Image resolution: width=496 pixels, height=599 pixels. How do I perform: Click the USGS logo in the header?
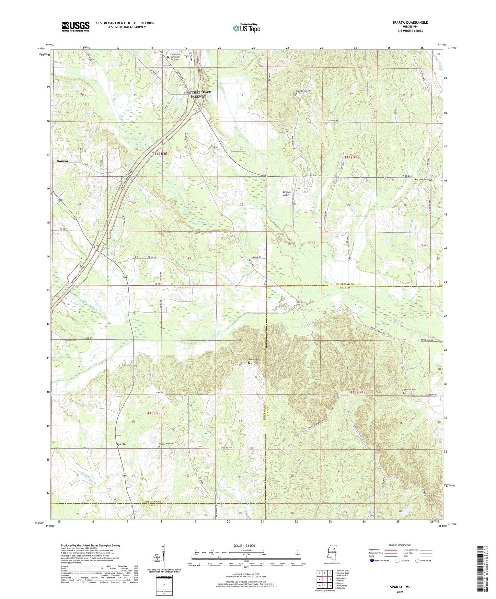76,26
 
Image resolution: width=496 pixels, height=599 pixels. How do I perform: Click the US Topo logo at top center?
246,28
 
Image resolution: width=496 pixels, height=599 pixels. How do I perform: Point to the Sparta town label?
120,444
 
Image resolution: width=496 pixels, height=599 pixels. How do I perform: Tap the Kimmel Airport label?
287,193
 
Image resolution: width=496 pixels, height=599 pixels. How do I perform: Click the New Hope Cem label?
421,179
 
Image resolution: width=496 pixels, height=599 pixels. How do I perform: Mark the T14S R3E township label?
159,154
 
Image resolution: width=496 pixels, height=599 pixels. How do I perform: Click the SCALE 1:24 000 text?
244,545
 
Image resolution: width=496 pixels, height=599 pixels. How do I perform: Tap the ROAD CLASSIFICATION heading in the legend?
400,545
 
